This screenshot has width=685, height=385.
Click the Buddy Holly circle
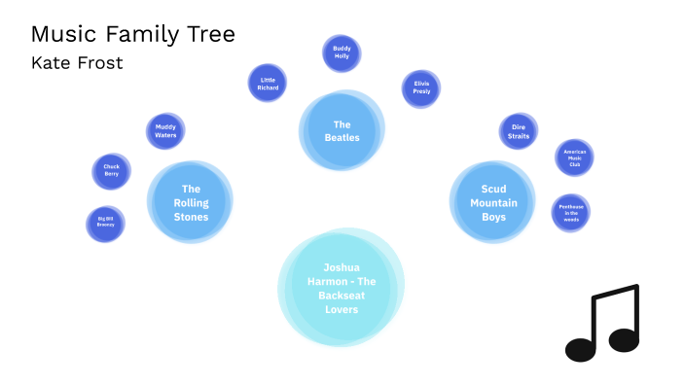coord(342,54)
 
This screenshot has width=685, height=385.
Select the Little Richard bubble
coord(268,83)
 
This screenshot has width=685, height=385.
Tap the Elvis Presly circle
coord(421,88)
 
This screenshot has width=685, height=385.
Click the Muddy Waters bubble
coord(165,130)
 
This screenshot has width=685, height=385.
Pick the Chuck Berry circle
coord(111,171)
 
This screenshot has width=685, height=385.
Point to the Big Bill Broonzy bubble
coord(105,225)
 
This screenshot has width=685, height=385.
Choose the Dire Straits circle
coord(519,131)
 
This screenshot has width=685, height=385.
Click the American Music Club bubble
coord(573,157)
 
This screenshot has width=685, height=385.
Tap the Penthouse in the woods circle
coord(570,212)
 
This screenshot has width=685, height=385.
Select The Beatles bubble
coord(342,131)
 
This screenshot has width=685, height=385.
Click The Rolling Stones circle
coord(191,202)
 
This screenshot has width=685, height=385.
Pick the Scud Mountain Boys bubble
coord(493,202)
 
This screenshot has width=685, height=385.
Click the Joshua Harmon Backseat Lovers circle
coord(342,288)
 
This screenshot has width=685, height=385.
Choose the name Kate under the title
coord(51,63)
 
